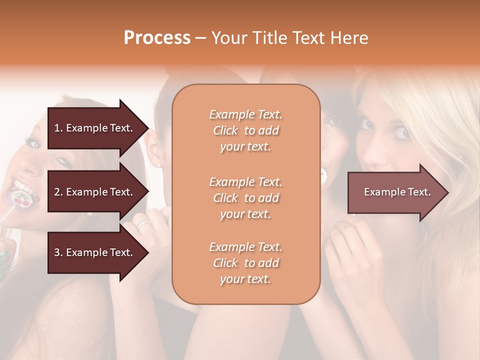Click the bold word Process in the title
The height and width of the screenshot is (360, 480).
pyautogui.click(x=157, y=38)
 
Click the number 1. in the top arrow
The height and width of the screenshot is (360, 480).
pyautogui.click(x=58, y=128)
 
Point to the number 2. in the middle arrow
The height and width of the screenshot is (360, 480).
pyautogui.click(x=58, y=192)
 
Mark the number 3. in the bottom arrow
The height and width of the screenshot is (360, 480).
pyautogui.click(x=58, y=252)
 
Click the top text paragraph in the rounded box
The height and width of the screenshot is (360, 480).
pyautogui.click(x=246, y=130)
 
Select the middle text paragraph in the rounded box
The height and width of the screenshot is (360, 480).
pyautogui.click(x=246, y=197)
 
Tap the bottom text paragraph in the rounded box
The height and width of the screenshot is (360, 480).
pyautogui.click(x=246, y=263)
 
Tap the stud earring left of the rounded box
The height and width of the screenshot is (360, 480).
pyautogui.click(x=158, y=164)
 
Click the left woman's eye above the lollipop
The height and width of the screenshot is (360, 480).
pyautogui.click(x=63, y=161)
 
